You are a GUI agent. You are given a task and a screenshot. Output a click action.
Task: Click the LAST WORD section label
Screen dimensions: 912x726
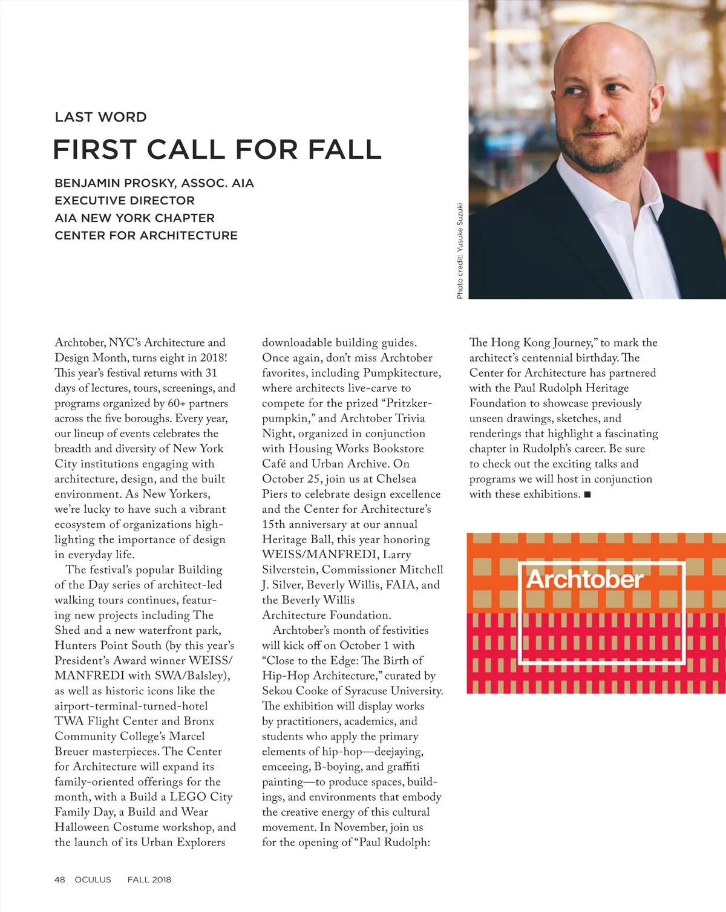point(100,117)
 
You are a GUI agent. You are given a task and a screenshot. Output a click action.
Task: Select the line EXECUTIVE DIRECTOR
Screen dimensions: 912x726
point(125,201)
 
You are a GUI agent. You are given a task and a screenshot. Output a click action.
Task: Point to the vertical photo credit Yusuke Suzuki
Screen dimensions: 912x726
point(460,250)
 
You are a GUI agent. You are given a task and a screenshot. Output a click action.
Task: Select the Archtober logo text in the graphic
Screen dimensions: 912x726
point(584,579)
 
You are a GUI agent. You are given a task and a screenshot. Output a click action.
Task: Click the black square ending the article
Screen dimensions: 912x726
point(587,495)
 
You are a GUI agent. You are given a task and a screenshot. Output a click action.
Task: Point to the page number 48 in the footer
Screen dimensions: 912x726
point(60,880)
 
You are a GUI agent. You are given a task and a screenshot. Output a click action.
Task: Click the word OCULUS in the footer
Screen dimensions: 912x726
point(93,880)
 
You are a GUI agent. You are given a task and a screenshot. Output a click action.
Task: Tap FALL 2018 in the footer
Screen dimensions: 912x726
point(149,880)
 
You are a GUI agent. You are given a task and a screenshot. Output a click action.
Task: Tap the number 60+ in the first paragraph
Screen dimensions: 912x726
point(178,403)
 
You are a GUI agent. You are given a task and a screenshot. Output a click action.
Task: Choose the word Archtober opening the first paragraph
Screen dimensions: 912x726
point(80,343)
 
